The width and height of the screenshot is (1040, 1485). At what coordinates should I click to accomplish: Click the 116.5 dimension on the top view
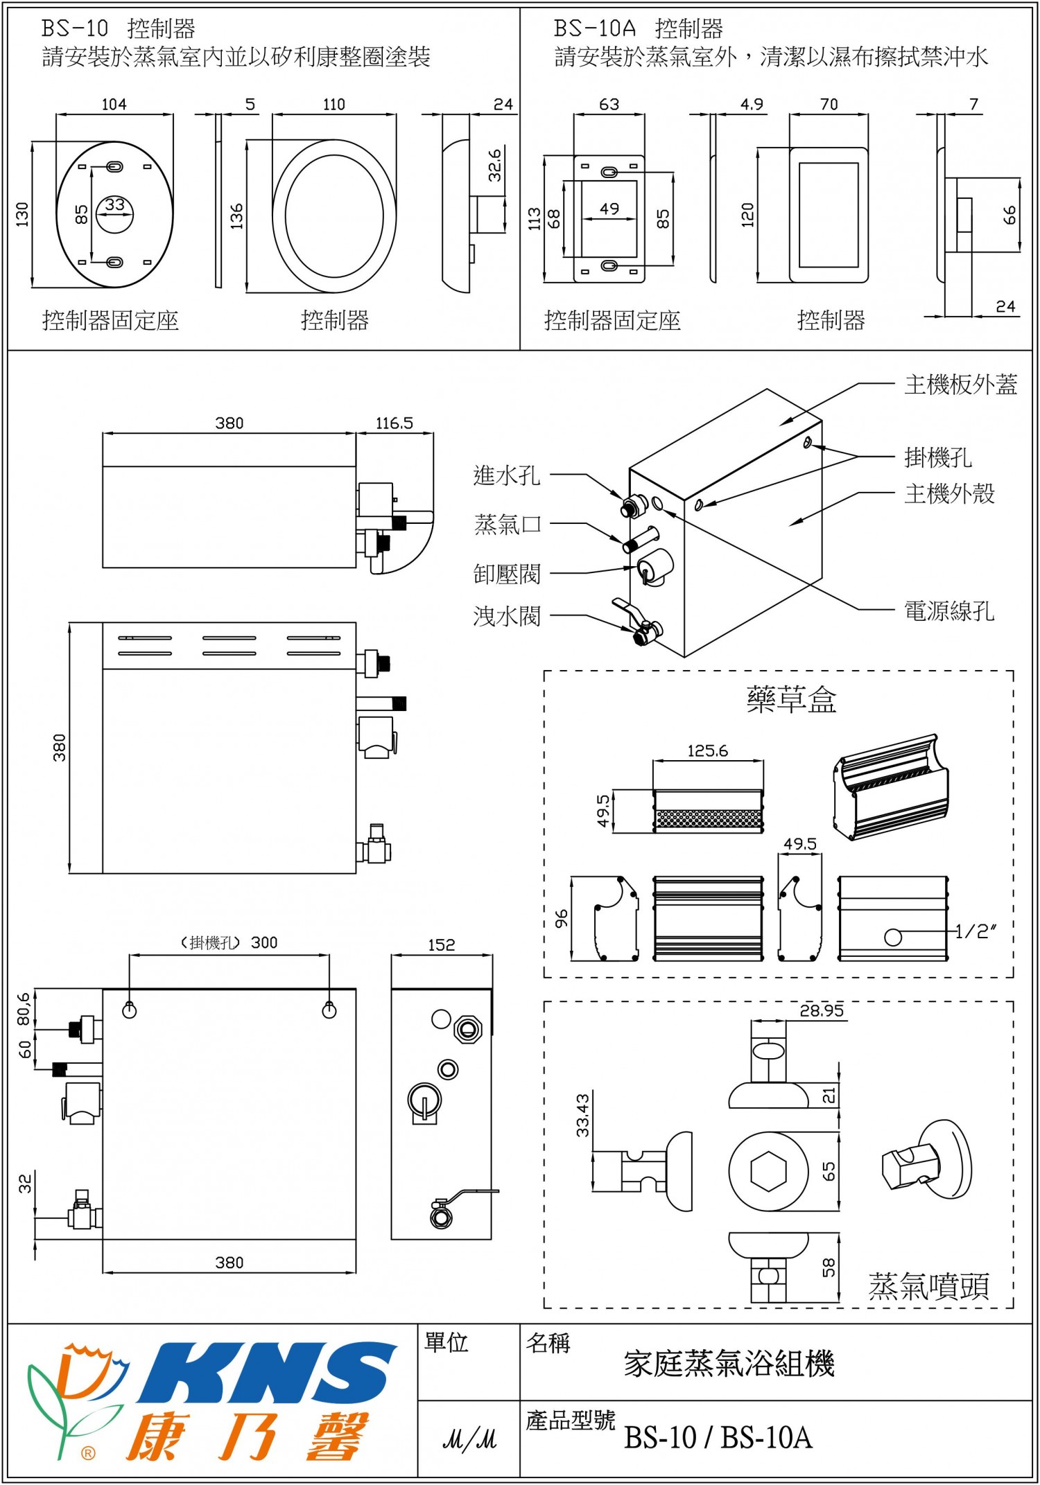pyautogui.click(x=394, y=423)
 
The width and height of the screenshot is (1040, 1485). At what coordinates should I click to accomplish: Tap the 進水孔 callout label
pyautogui.click(x=506, y=475)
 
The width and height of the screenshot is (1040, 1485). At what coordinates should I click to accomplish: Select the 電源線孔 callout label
pyautogui.click(x=948, y=611)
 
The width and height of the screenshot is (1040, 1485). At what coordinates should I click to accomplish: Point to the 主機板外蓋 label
pyautogui.click(x=960, y=385)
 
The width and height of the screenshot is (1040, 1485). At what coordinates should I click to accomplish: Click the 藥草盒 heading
pyautogui.click(x=791, y=700)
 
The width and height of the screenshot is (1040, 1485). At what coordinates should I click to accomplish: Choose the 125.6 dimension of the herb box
pyautogui.click(x=707, y=751)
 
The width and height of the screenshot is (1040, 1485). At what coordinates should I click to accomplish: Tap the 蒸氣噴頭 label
pyautogui.click(x=928, y=1287)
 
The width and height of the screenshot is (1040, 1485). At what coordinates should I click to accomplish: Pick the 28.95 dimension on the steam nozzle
pyautogui.click(x=822, y=1011)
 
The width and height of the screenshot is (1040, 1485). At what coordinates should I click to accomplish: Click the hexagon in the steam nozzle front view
pyautogui.click(x=768, y=1171)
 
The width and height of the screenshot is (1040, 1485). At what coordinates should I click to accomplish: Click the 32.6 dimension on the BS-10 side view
pyautogui.click(x=495, y=165)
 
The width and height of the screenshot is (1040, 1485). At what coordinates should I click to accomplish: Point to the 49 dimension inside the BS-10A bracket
pyautogui.click(x=609, y=209)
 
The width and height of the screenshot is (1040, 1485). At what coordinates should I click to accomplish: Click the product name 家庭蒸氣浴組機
pyautogui.click(x=729, y=1364)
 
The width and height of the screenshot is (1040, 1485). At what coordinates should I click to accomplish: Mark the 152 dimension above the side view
pyautogui.click(x=441, y=945)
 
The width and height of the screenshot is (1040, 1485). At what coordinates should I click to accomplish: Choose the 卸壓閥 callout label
pyautogui.click(x=506, y=574)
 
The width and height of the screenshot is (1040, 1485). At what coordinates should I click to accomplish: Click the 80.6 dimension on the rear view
pyautogui.click(x=24, y=1009)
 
